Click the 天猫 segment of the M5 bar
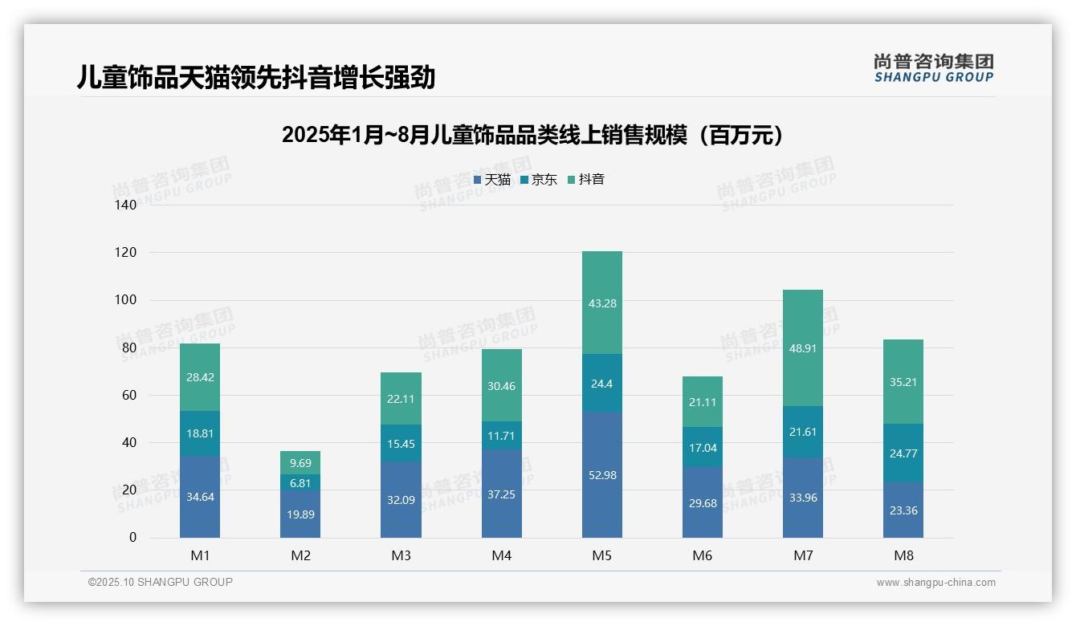point(601,474)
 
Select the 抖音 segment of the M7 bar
point(802,348)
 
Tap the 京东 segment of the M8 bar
point(903,453)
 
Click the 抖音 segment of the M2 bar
point(300,462)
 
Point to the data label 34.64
point(200,497)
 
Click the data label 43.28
point(601,303)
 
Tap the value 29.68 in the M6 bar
point(702,503)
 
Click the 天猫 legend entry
point(492,180)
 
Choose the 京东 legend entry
point(539,180)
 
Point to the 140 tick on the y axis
point(126,205)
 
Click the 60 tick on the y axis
point(128,395)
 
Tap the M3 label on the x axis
point(401,555)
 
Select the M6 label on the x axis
point(702,555)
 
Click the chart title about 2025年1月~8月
point(533,136)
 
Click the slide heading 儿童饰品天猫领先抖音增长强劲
point(256,78)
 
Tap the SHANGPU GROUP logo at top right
point(933,68)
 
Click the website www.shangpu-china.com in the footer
point(935,583)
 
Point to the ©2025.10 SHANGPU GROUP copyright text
point(161,583)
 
